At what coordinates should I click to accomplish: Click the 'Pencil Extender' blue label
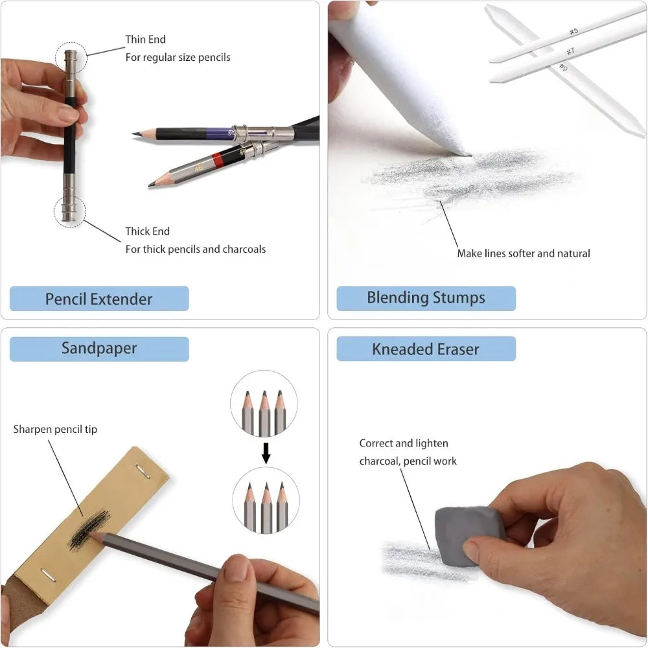[99, 298]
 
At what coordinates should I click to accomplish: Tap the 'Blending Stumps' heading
[426, 298]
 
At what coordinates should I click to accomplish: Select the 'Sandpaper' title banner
[99, 349]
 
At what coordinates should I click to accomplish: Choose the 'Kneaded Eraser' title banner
[426, 349]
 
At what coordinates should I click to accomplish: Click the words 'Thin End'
[145, 40]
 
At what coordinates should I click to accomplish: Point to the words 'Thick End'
[148, 231]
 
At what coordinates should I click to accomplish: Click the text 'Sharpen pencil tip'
[55, 430]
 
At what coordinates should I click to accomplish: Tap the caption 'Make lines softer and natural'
[524, 253]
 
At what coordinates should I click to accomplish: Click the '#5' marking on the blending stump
[573, 31]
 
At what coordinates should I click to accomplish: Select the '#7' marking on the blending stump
[570, 51]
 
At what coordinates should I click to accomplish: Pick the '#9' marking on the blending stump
[563, 67]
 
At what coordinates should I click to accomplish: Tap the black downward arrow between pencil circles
[266, 454]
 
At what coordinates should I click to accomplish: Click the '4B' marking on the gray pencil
[198, 168]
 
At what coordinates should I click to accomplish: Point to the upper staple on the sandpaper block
[143, 471]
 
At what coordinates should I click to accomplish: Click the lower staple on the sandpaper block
[49, 575]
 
